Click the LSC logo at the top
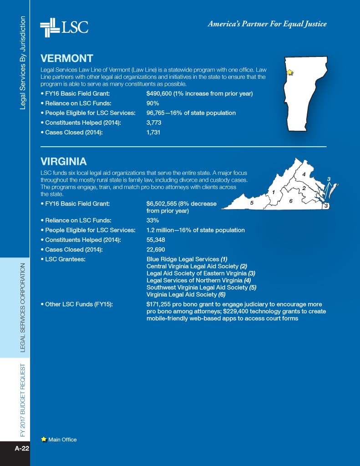click(x=64, y=27)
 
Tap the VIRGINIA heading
click(x=64, y=161)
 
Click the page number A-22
click(x=22, y=448)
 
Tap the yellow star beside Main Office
click(x=44, y=439)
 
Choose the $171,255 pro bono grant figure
click(x=161, y=304)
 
